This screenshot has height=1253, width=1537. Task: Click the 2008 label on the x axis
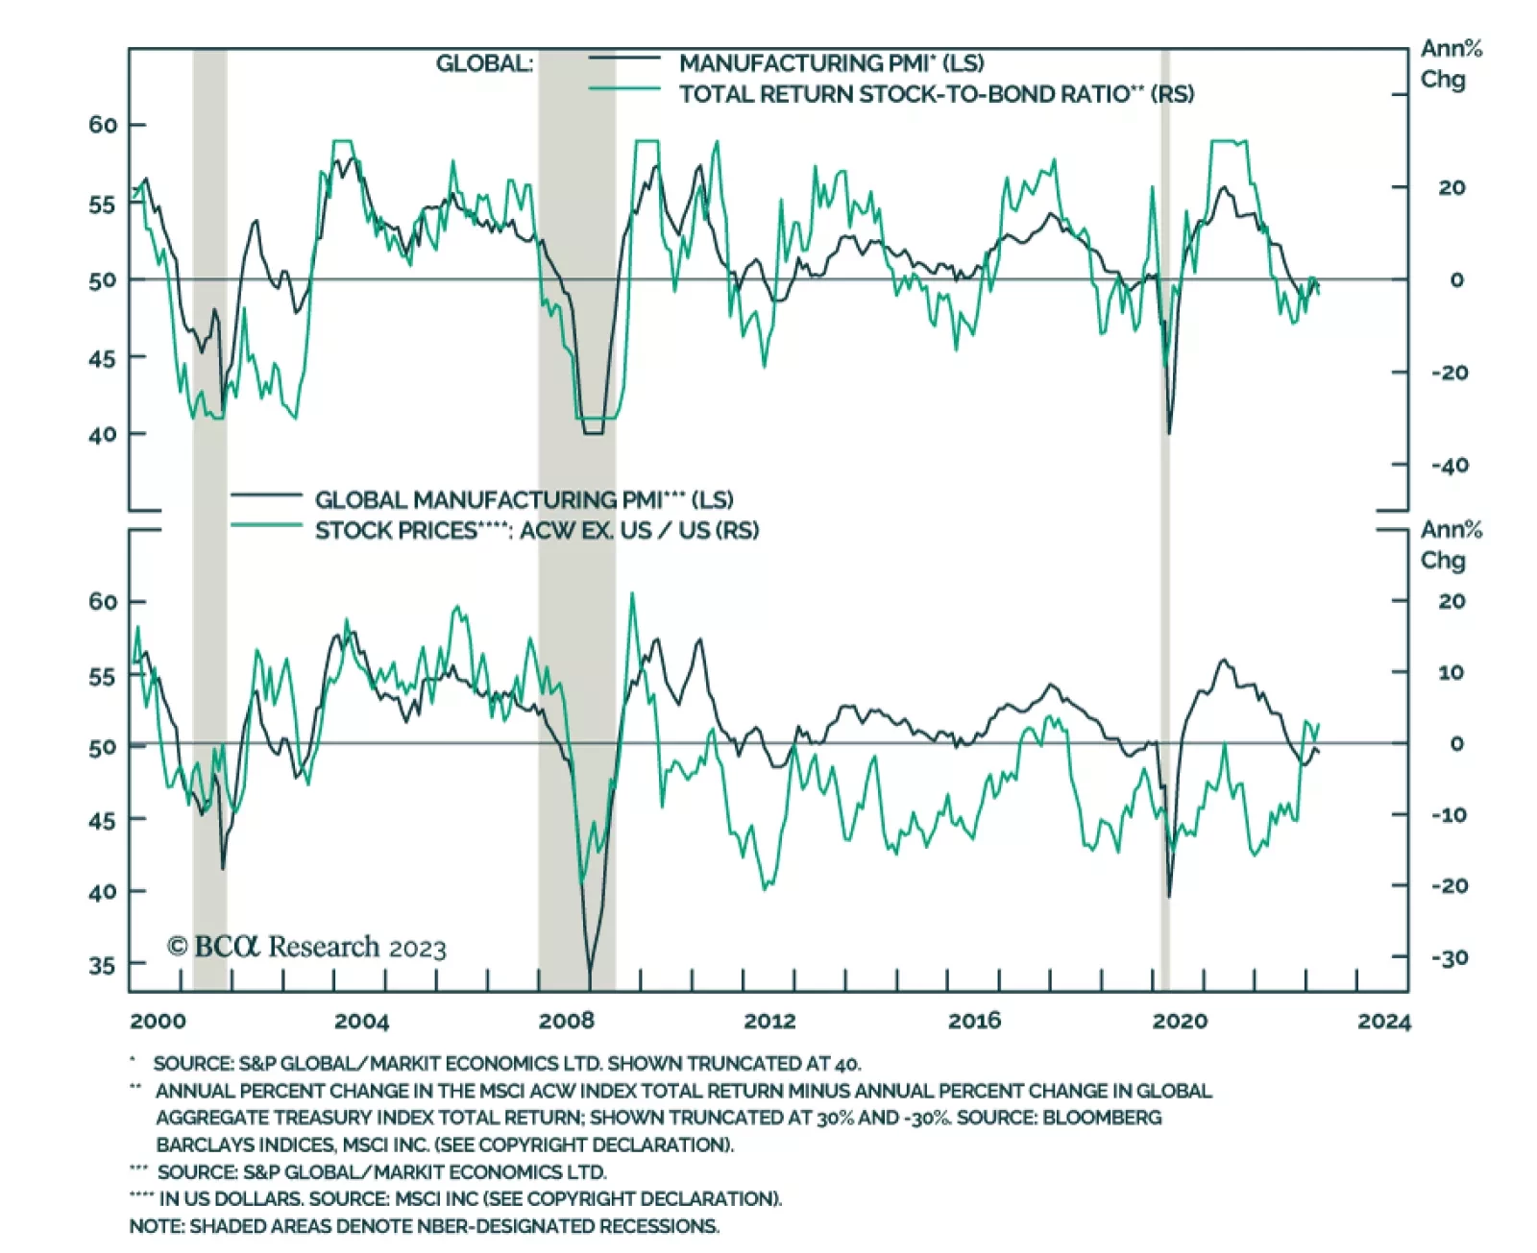[566, 1021]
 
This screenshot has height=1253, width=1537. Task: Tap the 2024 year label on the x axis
[1383, 1021]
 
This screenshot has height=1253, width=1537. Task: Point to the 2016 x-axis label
[974, 1021]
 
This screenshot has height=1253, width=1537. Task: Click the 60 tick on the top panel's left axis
[103, 125]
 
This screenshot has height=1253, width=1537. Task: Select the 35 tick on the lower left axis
[103, 964]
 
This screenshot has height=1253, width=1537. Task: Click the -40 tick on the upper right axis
[1450, 466]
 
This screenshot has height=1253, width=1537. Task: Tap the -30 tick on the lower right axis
[1450, 957]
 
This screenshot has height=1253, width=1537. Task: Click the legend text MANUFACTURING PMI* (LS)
[831, 63]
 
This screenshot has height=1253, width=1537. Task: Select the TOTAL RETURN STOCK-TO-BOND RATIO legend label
[937, 94]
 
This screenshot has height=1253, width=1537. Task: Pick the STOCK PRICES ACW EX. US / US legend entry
[536, 531]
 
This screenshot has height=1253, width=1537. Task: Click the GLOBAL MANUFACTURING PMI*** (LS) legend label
[524, 500]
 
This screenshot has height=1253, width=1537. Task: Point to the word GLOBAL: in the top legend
[484, 63]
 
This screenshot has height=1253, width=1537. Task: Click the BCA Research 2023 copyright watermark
[306, 948]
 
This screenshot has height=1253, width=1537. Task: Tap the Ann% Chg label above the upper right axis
[1451, 63]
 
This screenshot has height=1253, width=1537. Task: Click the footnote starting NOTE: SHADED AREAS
[424, 1226]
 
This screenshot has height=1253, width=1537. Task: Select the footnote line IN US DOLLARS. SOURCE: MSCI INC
[470, 1198]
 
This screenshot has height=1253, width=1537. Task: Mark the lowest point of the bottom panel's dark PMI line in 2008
[590, 984]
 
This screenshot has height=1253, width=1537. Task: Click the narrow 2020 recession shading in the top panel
[1165, 240]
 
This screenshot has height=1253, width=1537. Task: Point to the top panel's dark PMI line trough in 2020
[1169, 432]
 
